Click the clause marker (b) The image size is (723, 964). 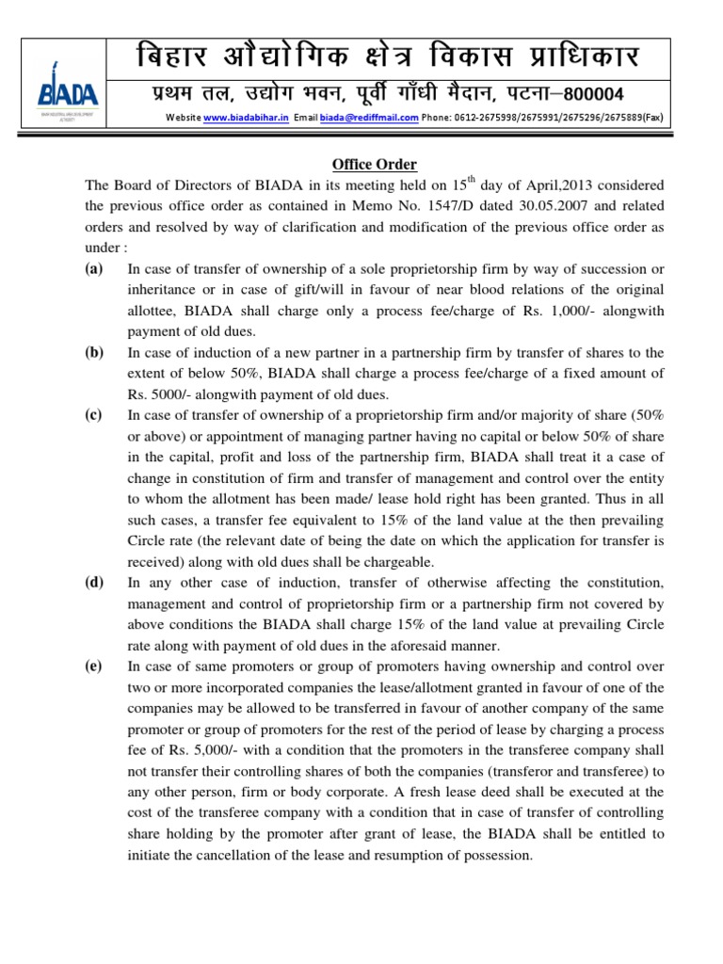(94, 352)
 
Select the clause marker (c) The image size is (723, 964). (94, 414)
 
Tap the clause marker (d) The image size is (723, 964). (94, 583)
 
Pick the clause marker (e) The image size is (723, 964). (94, 667)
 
